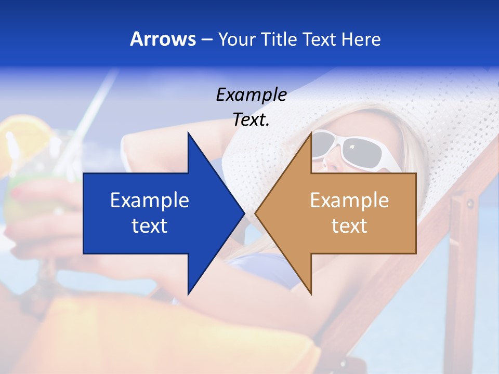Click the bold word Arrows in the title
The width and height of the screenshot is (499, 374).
point(163,39)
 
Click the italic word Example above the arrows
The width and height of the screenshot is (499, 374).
point(251,95)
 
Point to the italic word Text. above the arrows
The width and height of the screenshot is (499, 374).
point(251,120)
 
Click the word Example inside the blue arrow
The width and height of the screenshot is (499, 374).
point(149,201)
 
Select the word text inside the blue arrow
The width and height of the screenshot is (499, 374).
point(149,226)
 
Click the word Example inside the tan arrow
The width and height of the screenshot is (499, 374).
point(349,201)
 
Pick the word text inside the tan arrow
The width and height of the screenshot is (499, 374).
point(349,226)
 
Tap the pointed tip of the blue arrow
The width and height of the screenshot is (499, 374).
point(243,213)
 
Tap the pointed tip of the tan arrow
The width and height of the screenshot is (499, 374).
point(256,213)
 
